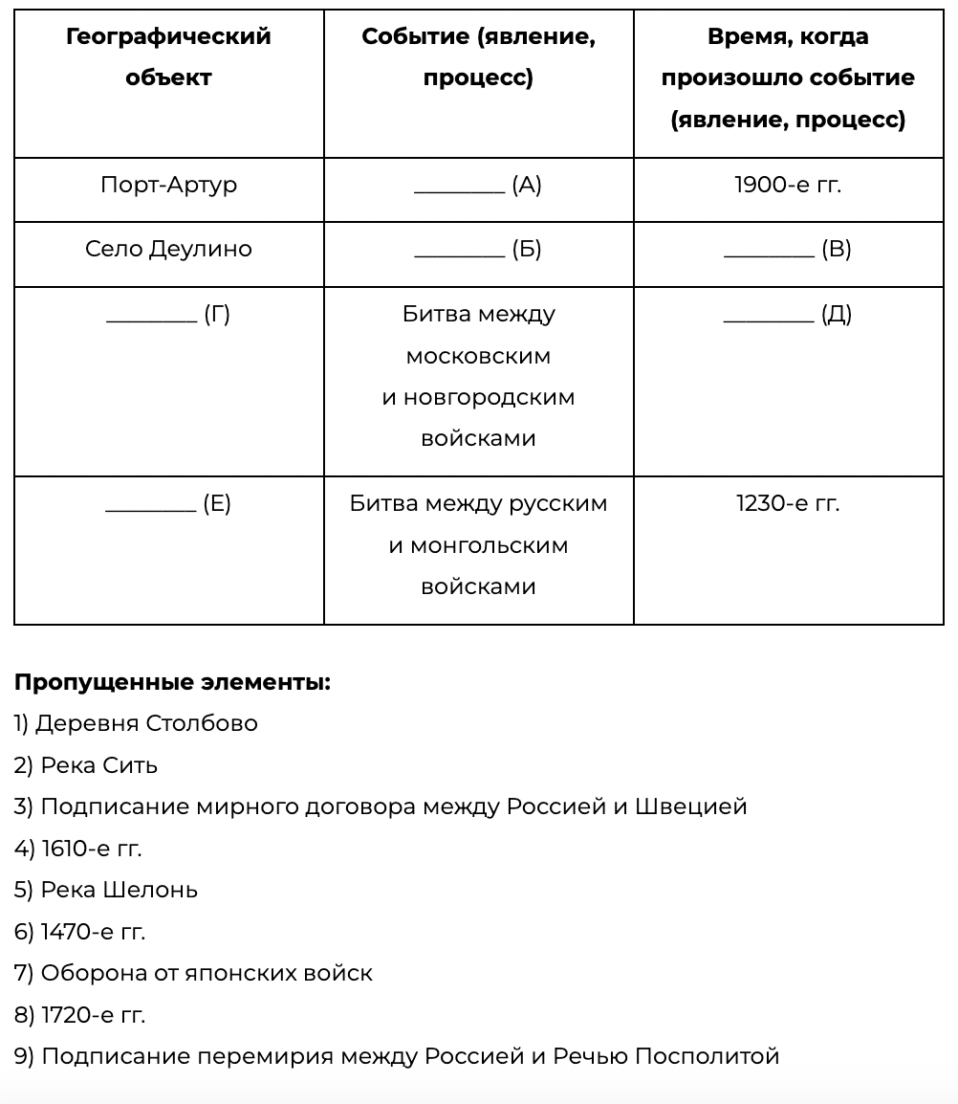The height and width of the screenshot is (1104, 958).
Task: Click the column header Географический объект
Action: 168,56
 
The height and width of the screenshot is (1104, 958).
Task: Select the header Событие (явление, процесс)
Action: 478,56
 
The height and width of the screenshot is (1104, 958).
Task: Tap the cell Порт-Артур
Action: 168,185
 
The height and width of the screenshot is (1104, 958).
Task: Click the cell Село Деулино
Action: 168,249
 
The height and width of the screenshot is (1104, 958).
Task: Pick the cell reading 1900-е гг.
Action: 788,185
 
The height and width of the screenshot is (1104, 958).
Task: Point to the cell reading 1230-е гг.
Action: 788,503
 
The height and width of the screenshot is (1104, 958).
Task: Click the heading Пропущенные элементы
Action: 172,682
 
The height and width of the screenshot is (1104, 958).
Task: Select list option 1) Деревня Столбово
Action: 136,723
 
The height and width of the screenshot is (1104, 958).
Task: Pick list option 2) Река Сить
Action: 86,765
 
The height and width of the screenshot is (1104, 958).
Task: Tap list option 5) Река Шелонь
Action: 106,890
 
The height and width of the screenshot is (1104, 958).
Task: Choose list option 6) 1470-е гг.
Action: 79,932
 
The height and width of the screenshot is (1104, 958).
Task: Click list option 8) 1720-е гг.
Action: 79,1015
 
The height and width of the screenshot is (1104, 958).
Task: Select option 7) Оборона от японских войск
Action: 193,973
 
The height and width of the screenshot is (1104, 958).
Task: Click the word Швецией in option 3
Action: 692,806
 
